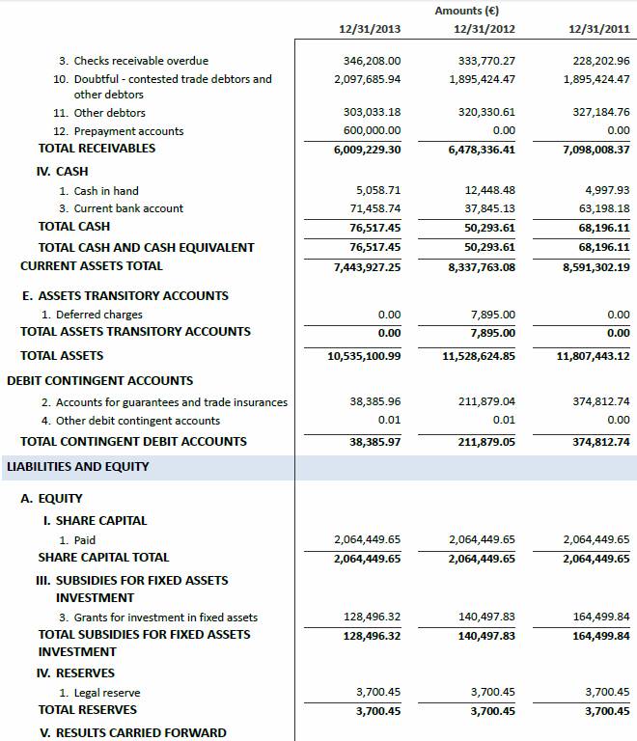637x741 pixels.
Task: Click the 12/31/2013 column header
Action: (x=369, y=29)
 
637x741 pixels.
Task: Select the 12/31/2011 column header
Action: (x=599, y=29)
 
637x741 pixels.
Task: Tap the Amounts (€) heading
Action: (x=467, y=11)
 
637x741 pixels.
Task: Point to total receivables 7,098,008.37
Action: (x=596, y=149)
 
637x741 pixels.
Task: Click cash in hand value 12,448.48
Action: (x=489, y=190)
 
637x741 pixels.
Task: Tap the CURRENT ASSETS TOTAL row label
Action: (x=92, y=266)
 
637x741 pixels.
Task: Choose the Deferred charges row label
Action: (x=98, y=315)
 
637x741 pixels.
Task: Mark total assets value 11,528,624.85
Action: (x=480, y=356)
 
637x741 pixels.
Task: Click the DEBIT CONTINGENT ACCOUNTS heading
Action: (x=99, y=380)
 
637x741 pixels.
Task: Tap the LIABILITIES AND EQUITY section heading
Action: (x=77, y=467)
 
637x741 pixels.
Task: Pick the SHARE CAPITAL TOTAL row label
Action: (x=103, y=558)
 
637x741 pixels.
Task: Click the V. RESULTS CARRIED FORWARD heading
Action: (x=133, y=732)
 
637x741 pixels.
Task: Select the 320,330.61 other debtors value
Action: (x=485, y=112)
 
